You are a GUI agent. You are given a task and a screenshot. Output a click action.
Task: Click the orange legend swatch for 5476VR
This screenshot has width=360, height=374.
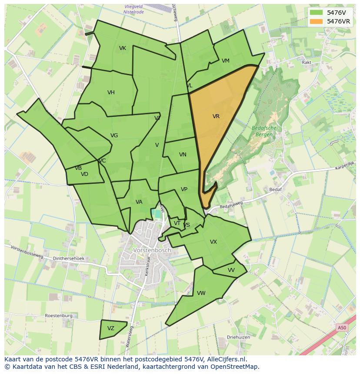click(x=317, y=21)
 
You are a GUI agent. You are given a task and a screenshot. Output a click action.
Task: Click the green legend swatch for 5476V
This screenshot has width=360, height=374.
click(x=317, y=13)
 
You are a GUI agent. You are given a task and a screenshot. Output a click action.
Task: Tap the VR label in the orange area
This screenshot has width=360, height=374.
click(x=216, y=116)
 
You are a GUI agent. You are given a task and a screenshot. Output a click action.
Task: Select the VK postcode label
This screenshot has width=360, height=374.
click(x=123, y=48)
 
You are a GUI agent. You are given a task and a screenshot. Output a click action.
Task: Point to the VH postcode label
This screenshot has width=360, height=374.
click(x=111, y=93)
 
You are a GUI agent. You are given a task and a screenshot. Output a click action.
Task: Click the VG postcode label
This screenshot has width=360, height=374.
click(x=114, y=136)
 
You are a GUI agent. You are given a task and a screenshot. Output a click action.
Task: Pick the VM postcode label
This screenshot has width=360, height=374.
click(x=225, y=61)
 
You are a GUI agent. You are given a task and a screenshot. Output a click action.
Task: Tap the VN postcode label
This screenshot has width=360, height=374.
click(x=183, y=155)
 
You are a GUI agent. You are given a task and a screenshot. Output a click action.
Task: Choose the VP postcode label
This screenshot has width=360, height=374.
click(x=184, y=189)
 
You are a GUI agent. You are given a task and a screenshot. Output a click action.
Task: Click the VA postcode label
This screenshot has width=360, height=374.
click(x=139, y=202)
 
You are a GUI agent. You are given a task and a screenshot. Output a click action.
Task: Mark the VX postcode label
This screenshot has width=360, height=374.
click(x=213, y=242)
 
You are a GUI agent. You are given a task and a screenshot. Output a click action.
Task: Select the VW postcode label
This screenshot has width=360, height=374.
click(x=201, y=293)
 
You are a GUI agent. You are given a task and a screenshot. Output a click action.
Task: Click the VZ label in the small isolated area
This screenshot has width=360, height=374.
click(x=111, y=328)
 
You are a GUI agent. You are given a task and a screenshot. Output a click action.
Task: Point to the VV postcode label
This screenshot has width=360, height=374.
click(x=231, y=270)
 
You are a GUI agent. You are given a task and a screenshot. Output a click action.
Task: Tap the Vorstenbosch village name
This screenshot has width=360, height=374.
click(x=152, y=251)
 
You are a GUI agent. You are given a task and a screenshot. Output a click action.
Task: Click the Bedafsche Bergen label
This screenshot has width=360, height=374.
click(x=262, y=131)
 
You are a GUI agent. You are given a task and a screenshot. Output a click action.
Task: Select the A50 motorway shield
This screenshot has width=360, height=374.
click(x=343, y=328)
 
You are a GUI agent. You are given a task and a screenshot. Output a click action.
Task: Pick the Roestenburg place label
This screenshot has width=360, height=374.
click(x=59, y=316)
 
